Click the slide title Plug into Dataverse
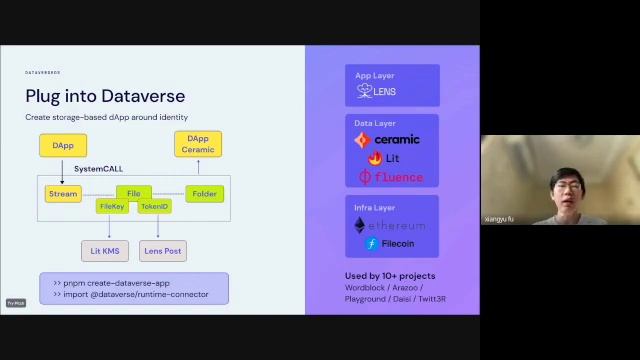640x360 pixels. tap(105, 96)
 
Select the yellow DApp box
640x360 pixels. tap(63, 145)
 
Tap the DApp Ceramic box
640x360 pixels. tap(198, 144)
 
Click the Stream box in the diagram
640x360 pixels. tap(63, 194)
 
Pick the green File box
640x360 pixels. tap(133, 193)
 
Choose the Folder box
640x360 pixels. tap(204, 194)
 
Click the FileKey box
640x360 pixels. tap(112, 206)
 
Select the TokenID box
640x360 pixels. tap(154, 206)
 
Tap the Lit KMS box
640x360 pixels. tap(104, 251)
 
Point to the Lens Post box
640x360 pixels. tap(162, 251)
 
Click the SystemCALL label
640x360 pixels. tap(98, 169)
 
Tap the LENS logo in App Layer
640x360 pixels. tap(377, 91)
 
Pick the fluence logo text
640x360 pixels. tap(391, 177)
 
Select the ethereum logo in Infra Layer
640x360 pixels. tap(390, 226)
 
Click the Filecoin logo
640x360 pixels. tap(390, 243)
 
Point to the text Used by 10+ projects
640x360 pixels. tap(390, 275)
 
